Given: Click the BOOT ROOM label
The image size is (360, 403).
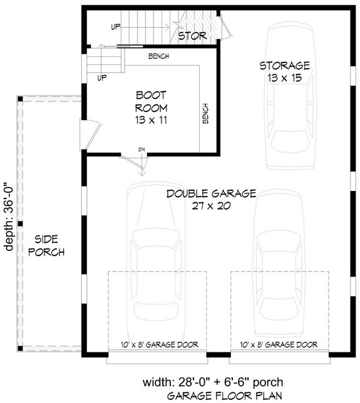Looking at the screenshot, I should pos(150,101).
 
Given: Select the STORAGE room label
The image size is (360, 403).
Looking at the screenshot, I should pos(284,66).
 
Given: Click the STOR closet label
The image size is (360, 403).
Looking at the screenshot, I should pos(192,36).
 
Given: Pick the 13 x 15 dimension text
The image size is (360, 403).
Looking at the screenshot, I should pos(284,78).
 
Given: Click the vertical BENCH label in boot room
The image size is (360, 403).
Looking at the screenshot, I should pos(205,112).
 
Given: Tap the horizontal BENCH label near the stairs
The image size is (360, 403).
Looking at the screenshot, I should pos(158,57).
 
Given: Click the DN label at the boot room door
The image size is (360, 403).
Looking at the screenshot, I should pos(142,150).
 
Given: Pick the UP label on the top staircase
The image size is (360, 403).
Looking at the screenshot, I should pos(116,27).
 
